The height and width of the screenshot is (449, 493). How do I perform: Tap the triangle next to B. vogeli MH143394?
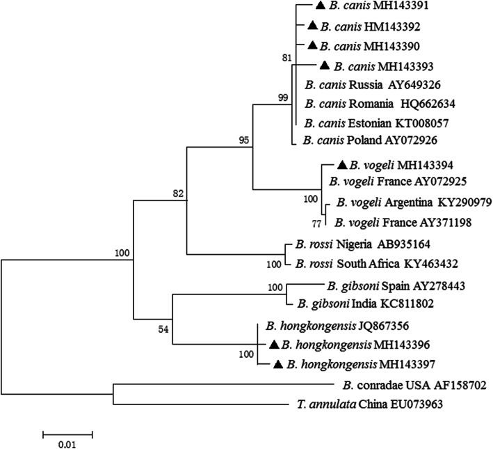341,166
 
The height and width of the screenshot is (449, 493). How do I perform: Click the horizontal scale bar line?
67,433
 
